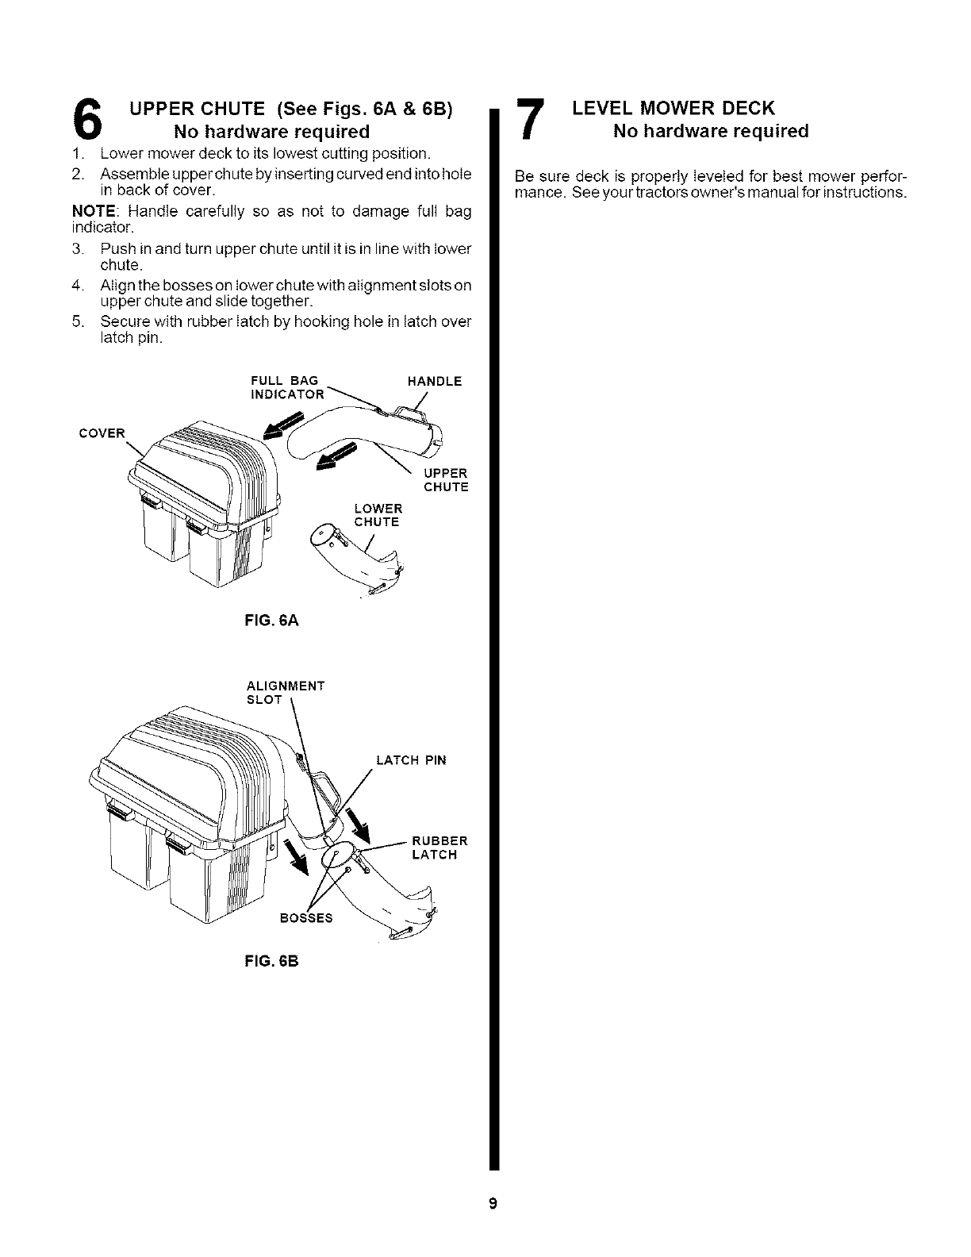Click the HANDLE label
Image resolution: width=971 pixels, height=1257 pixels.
point(434,381)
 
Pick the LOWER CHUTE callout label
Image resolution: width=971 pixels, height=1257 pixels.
point(378,515)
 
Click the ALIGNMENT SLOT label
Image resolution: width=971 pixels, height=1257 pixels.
point(286,692)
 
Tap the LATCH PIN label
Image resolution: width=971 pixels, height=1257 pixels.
point(411,760)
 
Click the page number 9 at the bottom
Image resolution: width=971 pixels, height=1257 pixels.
point(492,1205)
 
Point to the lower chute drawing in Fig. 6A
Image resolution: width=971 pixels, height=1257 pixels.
point(357,559)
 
